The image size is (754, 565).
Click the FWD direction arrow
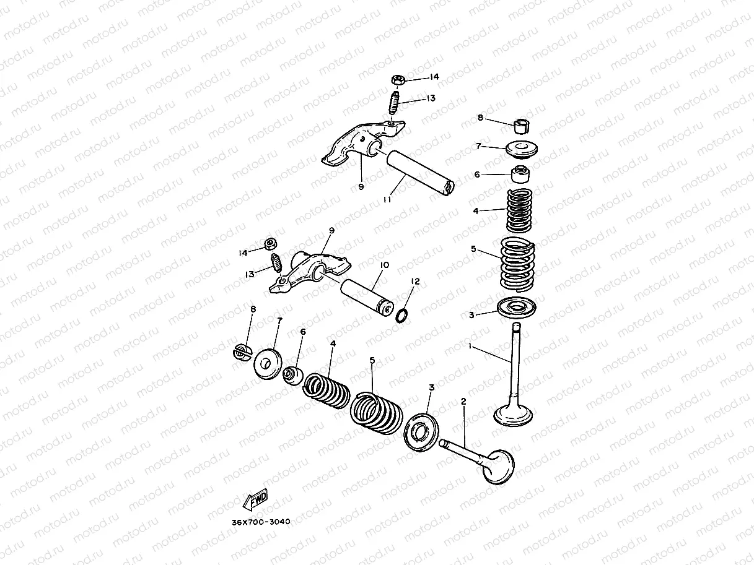[255, 499]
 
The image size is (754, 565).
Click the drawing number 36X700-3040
[261, 522]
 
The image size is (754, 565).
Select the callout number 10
[385, 265]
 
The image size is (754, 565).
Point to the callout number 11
[387, 199]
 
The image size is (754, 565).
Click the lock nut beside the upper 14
[398, 80]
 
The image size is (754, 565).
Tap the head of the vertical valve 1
[513, 415]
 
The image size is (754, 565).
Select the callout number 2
[463, 402]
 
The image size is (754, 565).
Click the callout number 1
[470, 346]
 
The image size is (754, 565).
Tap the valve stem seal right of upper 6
[521, 175]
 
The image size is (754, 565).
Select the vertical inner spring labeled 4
[520, 210]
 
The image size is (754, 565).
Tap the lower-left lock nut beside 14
[271, 244]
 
